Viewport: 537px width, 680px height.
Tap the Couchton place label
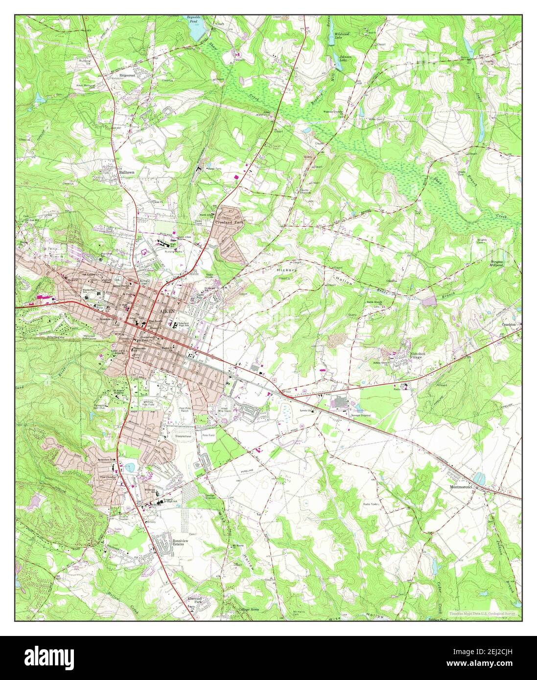[509, 324]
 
